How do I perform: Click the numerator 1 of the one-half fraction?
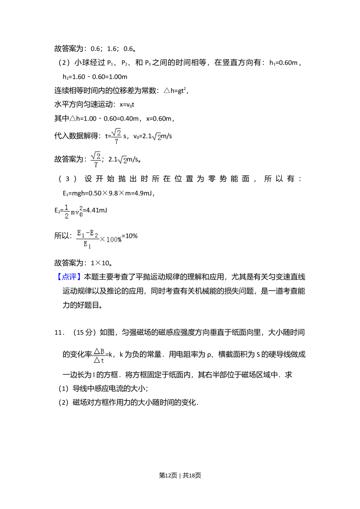point(66,208)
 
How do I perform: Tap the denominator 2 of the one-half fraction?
point(66,216)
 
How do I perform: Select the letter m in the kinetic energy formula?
point(73,212)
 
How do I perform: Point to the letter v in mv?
point(77,212)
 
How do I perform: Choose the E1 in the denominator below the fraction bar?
point(87,245)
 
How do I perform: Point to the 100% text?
point(114,239)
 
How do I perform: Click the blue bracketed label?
point(69,276)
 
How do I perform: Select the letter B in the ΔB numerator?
point(102,351)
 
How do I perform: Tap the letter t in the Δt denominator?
point(102,360)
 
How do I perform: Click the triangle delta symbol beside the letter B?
point(96,351)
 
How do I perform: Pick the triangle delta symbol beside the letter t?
point(96,360)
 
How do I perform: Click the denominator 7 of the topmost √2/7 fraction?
point(116,142)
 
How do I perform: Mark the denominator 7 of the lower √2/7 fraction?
point(96,165)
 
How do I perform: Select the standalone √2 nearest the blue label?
point(122,161)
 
